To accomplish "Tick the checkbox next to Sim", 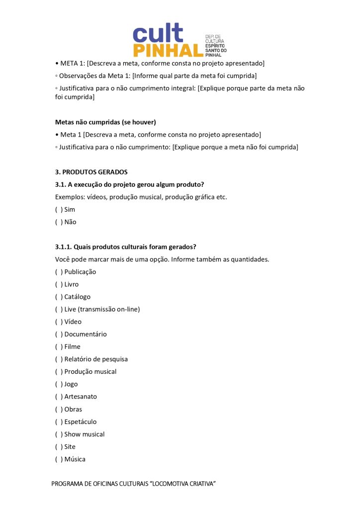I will pyautogui.click(x=59, y=210).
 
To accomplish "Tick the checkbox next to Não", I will pyautogui.click(x=59, y=222).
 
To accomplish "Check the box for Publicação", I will pyautogui.click(x=59, y=272).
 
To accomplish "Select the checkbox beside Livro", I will pyautogui.click(x=59, y=284).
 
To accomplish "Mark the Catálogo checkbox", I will pyautogui.click(x=59, y=297).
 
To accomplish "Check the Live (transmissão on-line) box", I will pyautogui.click(x=59, y=309).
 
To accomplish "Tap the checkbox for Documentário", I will pyautogui.click(x=59, y=334).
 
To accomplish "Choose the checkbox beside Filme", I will pyautogui.click(x=59, y=346).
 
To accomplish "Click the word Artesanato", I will pyautogui.click(x=81, y=397).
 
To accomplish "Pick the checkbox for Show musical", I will pyautogui.click(x=59, y=434).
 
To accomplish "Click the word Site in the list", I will pyautogui.click(x=70, y=447).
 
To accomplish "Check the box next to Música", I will pyautogui.click(x=59, y=459).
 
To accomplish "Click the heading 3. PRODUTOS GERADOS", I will pyautogui.click(x=91, y=172).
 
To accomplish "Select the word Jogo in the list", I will pyautogui.click(x=71, y=384).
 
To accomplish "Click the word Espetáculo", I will pyautogui.click(x=81, y=422).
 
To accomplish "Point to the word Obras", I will pyautogui.click(x=73, y=409).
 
